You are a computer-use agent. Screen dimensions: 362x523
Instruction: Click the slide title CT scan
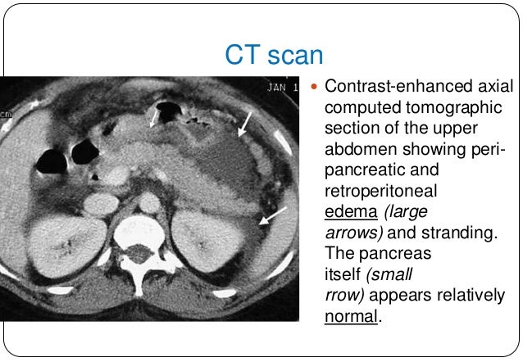tap(274, 56)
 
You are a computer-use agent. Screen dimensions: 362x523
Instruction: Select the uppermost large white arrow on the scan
tap(244, 124)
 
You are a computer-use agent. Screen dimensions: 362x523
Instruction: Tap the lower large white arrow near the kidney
tap(272, 216)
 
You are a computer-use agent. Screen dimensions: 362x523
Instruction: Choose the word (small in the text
tap(379, 273)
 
